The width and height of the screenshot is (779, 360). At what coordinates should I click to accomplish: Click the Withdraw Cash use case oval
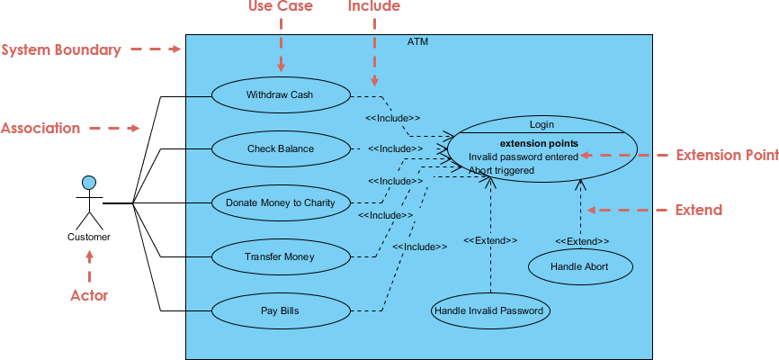(280, 94)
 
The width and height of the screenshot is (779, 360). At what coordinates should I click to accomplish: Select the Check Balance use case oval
(280, 148)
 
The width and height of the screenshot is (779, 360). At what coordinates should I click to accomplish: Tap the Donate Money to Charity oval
(280, 202)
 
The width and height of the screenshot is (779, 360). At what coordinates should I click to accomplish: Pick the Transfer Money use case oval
(280, 256)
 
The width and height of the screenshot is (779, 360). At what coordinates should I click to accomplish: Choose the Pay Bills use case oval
(280, 311)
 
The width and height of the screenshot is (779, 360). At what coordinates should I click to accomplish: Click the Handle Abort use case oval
(579, 266)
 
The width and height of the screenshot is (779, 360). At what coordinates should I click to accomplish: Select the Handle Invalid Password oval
(490, 311)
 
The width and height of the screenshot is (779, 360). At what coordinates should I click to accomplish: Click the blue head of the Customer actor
(89, 183)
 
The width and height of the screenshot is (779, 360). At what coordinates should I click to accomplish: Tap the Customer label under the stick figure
(89, 238)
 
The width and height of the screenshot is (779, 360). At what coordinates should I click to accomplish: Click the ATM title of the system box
(418, 41)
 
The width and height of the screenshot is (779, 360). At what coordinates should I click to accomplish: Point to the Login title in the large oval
(542, 124)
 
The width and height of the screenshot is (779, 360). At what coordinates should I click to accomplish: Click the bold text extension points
(539, 142)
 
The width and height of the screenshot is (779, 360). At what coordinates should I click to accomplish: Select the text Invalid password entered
(523, 156)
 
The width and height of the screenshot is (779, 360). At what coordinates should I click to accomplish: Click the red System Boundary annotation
(61, 50)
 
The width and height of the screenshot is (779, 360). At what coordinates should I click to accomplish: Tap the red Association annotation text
(40, 129)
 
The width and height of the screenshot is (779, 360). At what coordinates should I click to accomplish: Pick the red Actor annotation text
(89, 295)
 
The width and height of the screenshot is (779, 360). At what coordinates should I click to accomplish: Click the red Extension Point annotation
(727, 156)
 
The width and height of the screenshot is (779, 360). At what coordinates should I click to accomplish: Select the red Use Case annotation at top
(280, 7)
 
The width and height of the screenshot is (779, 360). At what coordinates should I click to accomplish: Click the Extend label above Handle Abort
(581, 241)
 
